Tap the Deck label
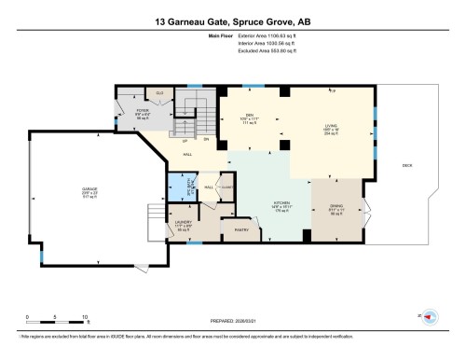click(406, 166)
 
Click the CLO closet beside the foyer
click(160, 94)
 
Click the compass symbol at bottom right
click(431, 316)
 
